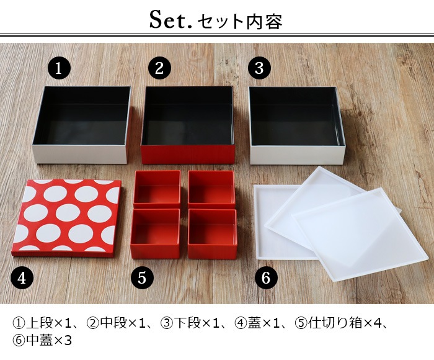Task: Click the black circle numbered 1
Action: coord(59,68)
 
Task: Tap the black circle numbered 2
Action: coord(159,68)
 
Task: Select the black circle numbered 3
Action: coord(259,68)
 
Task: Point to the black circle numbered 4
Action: coord(22,277)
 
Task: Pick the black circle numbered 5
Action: coord(142,277)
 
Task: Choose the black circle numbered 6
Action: coord(266,277)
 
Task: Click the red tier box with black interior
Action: coord(188,125)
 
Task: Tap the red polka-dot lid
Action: coord(67,218)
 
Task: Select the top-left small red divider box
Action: coord(157,189)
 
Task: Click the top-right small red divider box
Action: coord(211,189)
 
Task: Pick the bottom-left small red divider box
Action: coord(155,233)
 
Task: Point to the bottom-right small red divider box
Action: coord(212,233)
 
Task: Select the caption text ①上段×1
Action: coord(40,323)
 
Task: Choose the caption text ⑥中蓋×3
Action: coord(42,340)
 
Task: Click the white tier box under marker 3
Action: coord(297,125)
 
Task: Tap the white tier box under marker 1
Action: coord(82,125)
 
